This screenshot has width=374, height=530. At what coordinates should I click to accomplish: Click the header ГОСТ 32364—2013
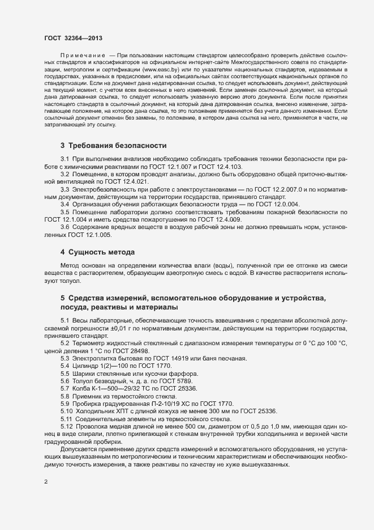[74, 37]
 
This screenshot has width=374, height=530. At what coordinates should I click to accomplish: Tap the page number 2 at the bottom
[46, 482]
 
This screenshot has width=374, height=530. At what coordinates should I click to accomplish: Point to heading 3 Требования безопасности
[113, 146]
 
